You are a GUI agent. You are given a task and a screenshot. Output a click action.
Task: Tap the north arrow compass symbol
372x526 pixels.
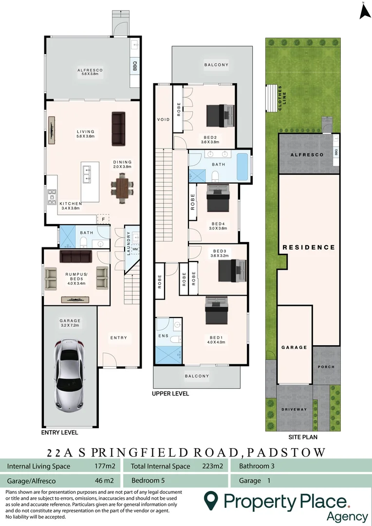[364, 12]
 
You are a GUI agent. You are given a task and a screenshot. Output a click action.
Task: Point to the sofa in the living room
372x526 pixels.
[118, 129]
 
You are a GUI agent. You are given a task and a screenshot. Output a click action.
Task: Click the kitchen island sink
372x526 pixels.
[87, 173]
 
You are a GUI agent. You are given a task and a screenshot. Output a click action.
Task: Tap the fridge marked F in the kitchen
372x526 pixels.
[103, 219]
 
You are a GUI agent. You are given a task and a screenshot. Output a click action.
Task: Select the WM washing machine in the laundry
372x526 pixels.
[135, 249]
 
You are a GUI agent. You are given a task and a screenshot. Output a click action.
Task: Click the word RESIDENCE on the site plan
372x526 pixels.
[309, 247]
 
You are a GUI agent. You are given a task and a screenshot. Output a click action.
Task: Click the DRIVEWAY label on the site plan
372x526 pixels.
[295, 409]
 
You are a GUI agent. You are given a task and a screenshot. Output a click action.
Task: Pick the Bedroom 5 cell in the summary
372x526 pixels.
[148, 480]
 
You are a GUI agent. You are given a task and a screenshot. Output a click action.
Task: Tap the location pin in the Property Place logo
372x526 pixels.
[210, 501]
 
